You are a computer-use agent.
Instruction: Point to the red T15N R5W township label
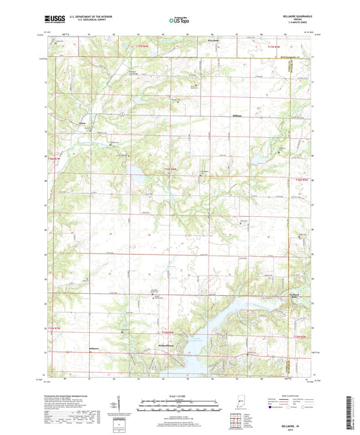pyautogui.click(x=300, y=180)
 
